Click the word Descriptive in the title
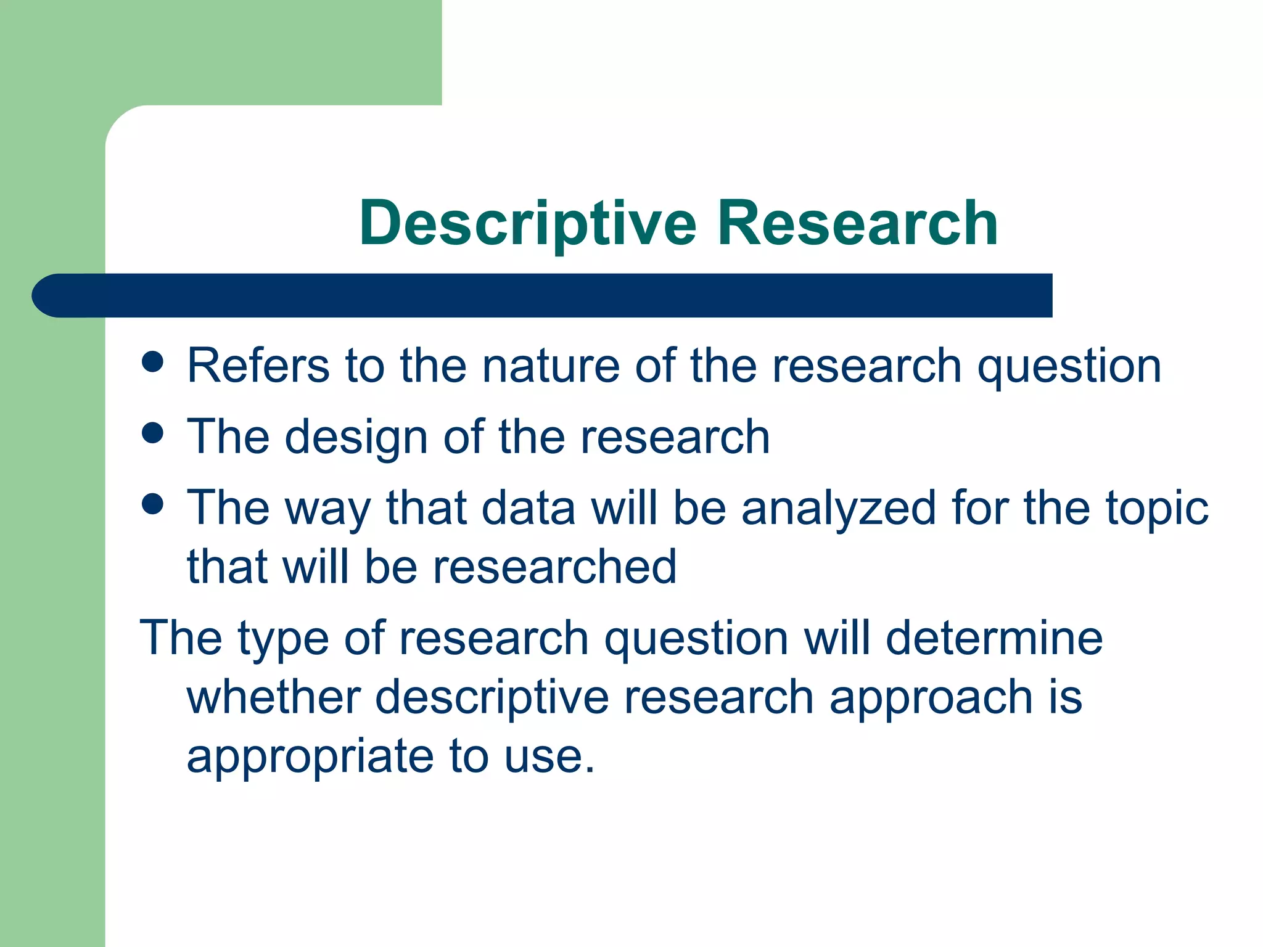[528, 224]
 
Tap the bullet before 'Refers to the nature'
[152, 362]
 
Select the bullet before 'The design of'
[152, 433]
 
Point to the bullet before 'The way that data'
[152, 504]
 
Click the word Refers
[258, 366]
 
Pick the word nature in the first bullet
[550, 366]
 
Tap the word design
[356, 437]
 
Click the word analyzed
[839, 509]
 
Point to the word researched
[554, 567]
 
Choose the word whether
[274, 697]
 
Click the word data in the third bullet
[528, 509]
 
